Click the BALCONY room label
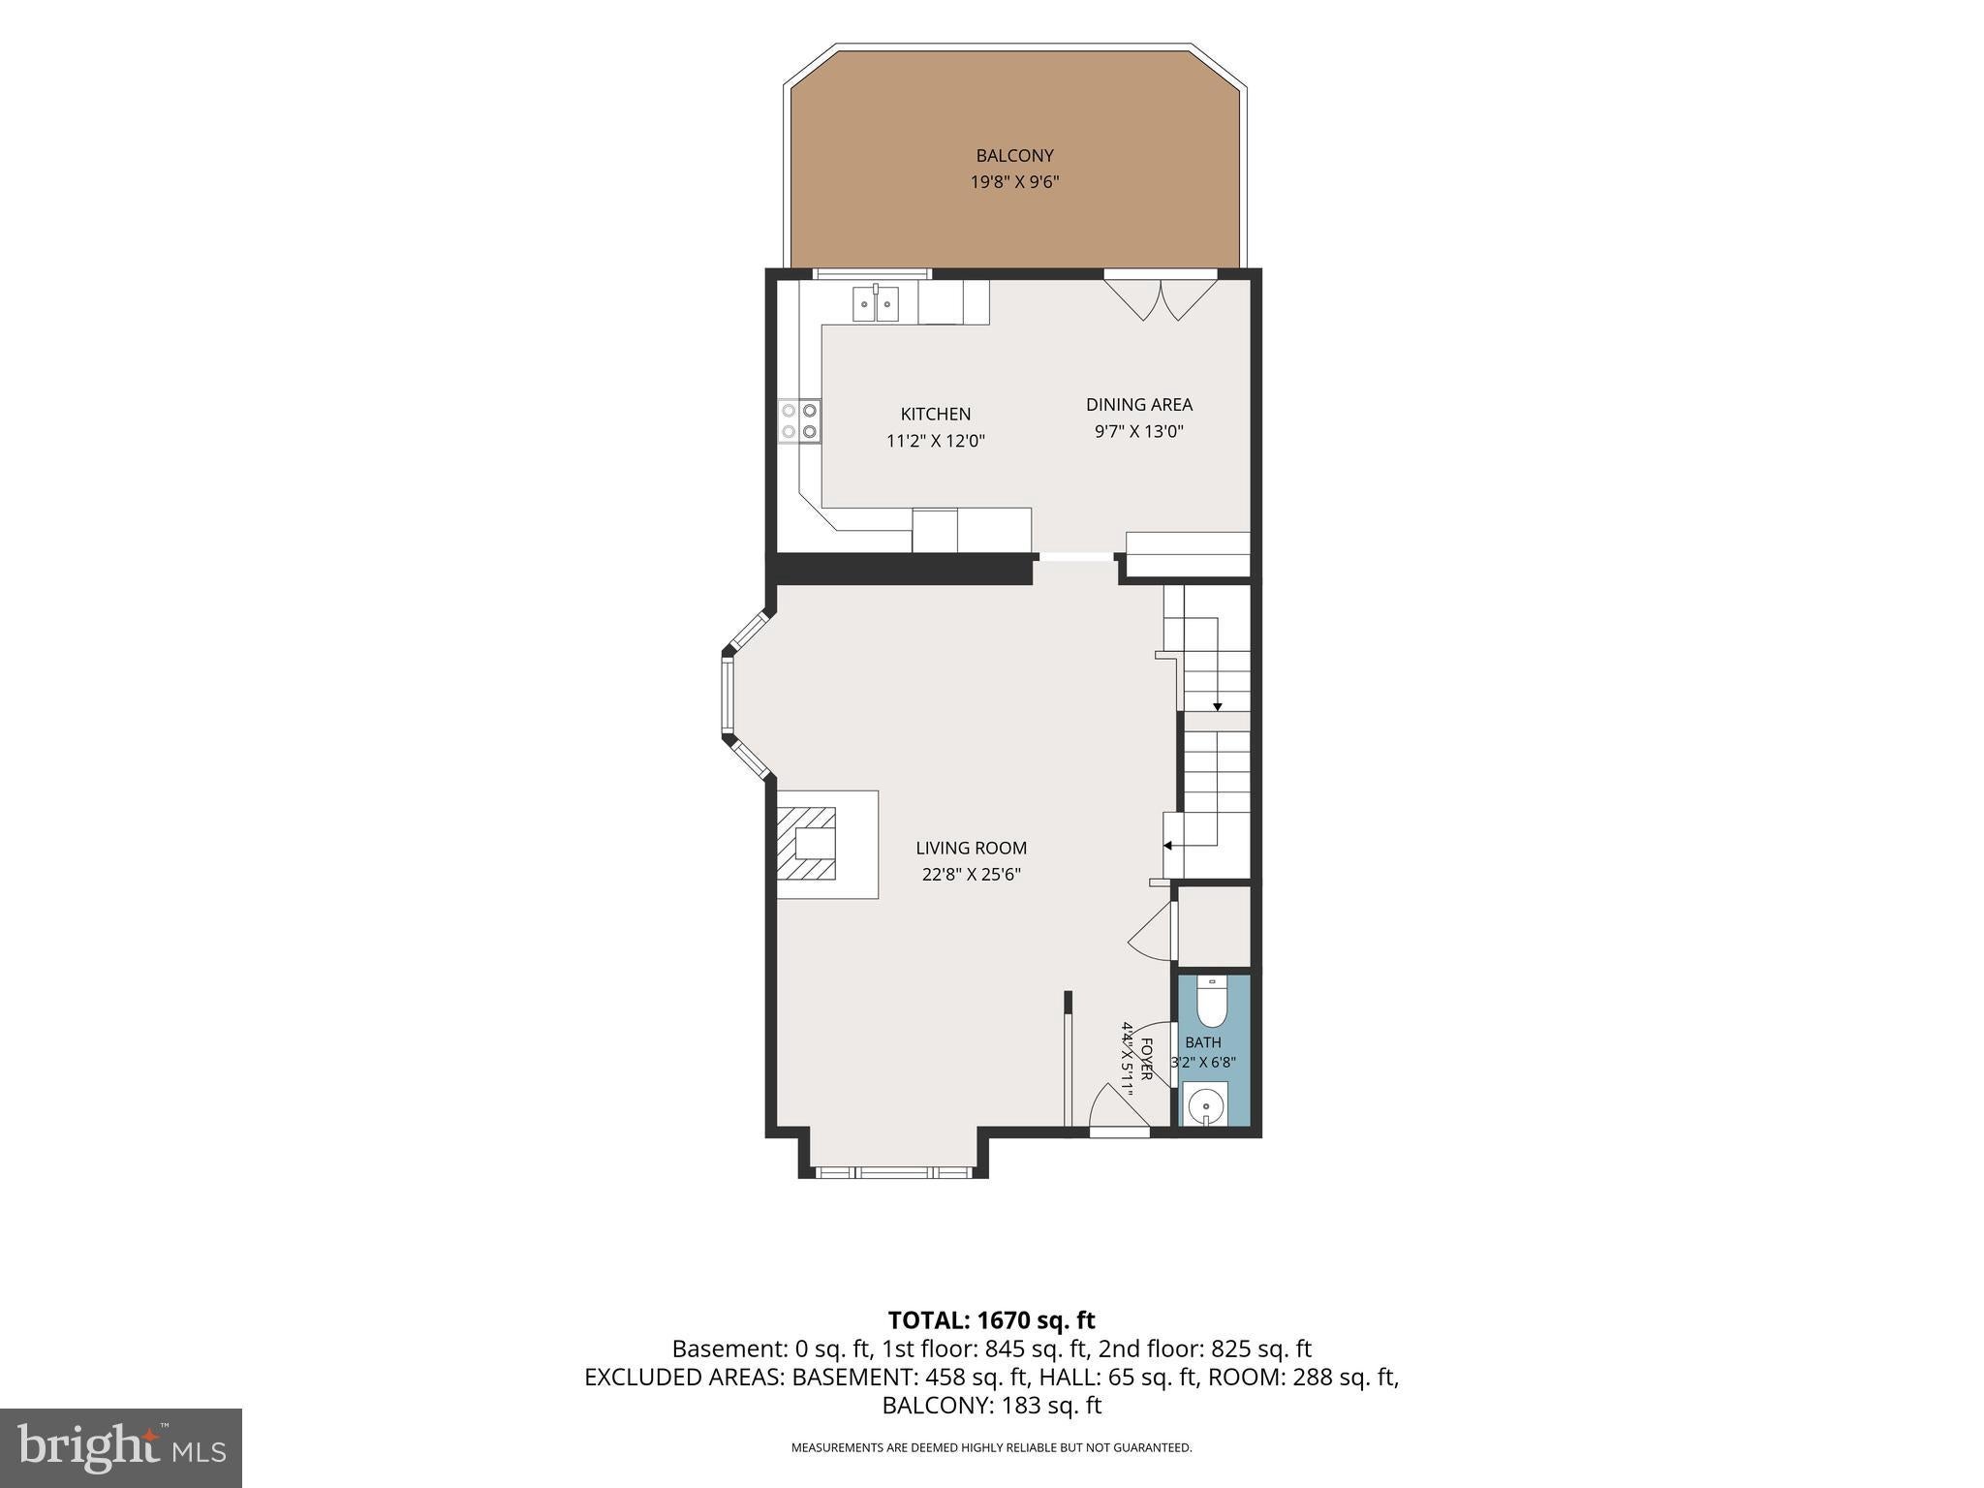tap(1014, 156)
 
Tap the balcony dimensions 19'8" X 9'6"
tap(1014, 182)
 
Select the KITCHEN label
tap(936, 415)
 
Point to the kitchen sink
tap(876, 303)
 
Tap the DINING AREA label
tap(1139, 405)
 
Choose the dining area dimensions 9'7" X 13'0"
tap(1139, 431)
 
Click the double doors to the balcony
tap(1161, 299)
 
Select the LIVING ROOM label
tap(972, 849)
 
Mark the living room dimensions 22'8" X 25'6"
tap(972, 875)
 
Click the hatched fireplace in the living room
tap(806, 844)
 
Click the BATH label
tap(1203, 1043)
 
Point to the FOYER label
tap(1146, 1060)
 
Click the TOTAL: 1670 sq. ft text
tap(991, 1320)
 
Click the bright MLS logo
tap(121, 1448)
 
